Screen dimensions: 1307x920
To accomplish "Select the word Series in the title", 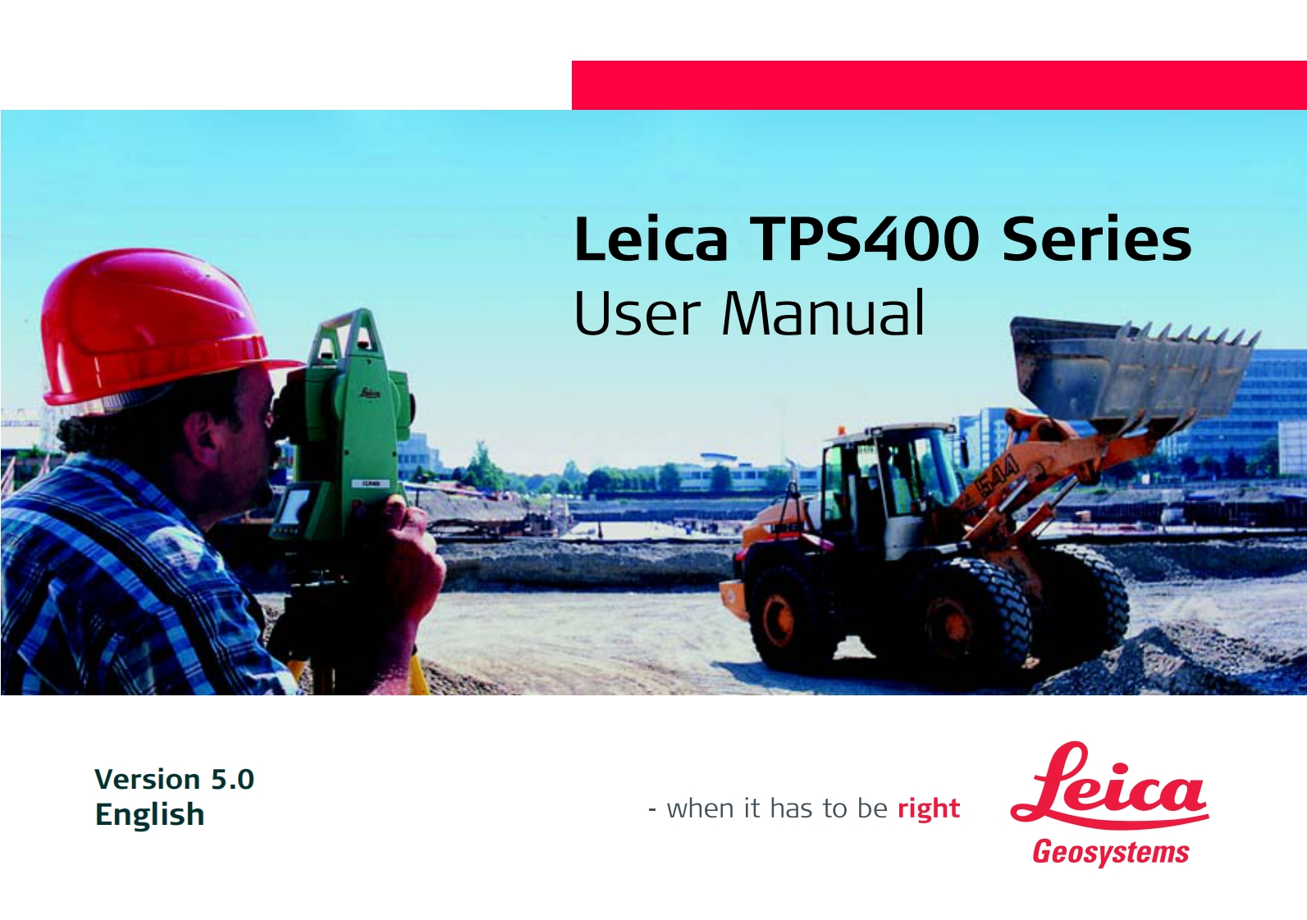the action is pos(1097,239).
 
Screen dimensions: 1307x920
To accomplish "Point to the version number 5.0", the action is pos(232,780).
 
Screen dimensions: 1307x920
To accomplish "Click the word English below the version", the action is pos(150,815).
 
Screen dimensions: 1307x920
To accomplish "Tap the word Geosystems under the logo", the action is pos(1111,853).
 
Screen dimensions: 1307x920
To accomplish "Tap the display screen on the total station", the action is pos(294,505).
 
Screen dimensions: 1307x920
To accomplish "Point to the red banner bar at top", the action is pos(939,85).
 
